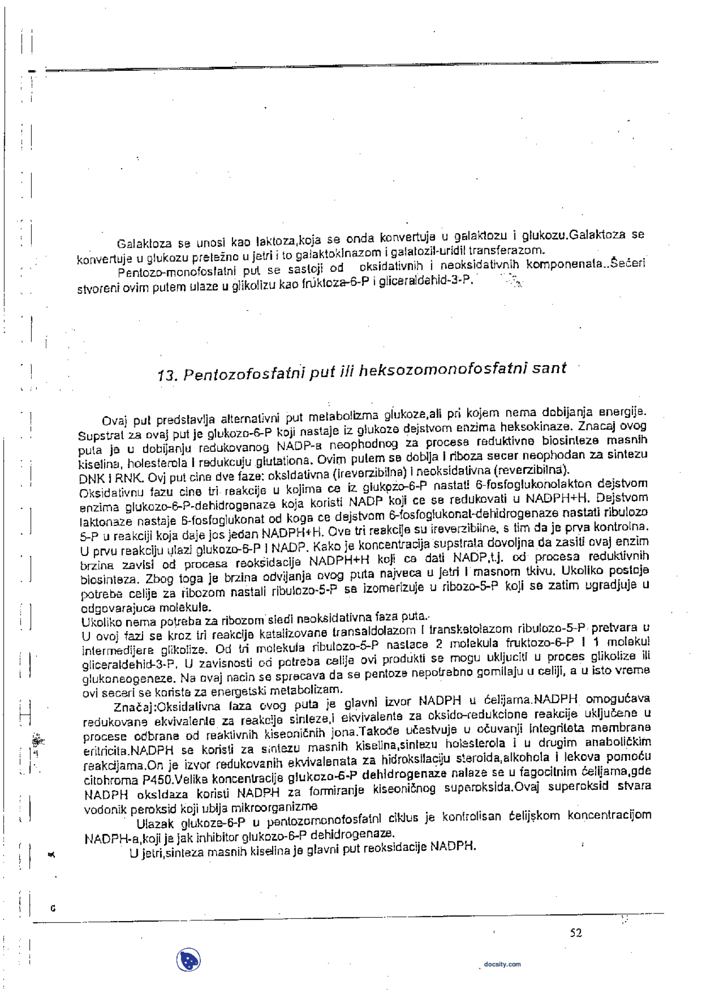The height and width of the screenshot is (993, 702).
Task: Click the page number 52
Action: click(x=575, y=933)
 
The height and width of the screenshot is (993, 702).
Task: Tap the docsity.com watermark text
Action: click(x=502, y=964)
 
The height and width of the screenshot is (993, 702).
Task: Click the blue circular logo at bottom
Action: click(x=188, y=960)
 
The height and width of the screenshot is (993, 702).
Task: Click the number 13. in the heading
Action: click(x=167, y=376)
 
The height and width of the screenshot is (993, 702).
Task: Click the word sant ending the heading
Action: click(x=548, y=368)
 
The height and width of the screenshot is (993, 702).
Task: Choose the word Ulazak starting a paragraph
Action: click(x=155, y=824)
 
